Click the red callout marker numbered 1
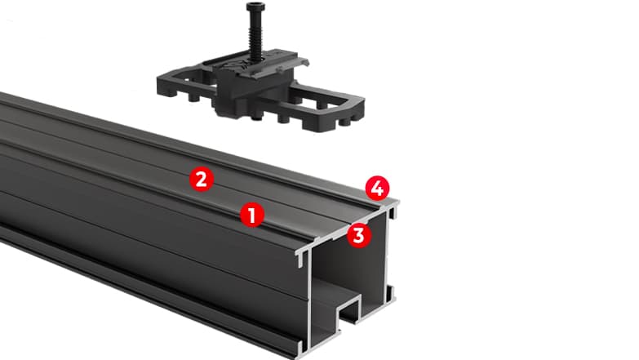point(252,215)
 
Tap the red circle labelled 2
point(202,179)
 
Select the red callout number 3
point(358,235)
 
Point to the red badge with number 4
point(377,189)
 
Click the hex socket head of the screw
point(255,6)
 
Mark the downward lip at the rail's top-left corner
point(302,259)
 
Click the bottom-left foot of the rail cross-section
point(302,348)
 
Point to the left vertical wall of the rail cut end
point(311,302)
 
